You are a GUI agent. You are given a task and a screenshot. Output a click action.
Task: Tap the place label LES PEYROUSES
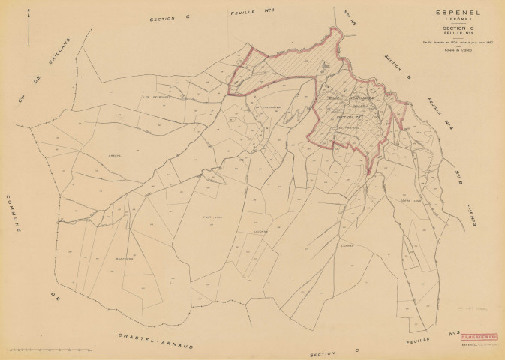[158, 96]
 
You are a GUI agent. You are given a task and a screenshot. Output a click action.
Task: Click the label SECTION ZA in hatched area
[349, 118]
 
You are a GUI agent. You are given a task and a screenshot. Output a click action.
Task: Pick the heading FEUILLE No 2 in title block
[456, 34]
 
